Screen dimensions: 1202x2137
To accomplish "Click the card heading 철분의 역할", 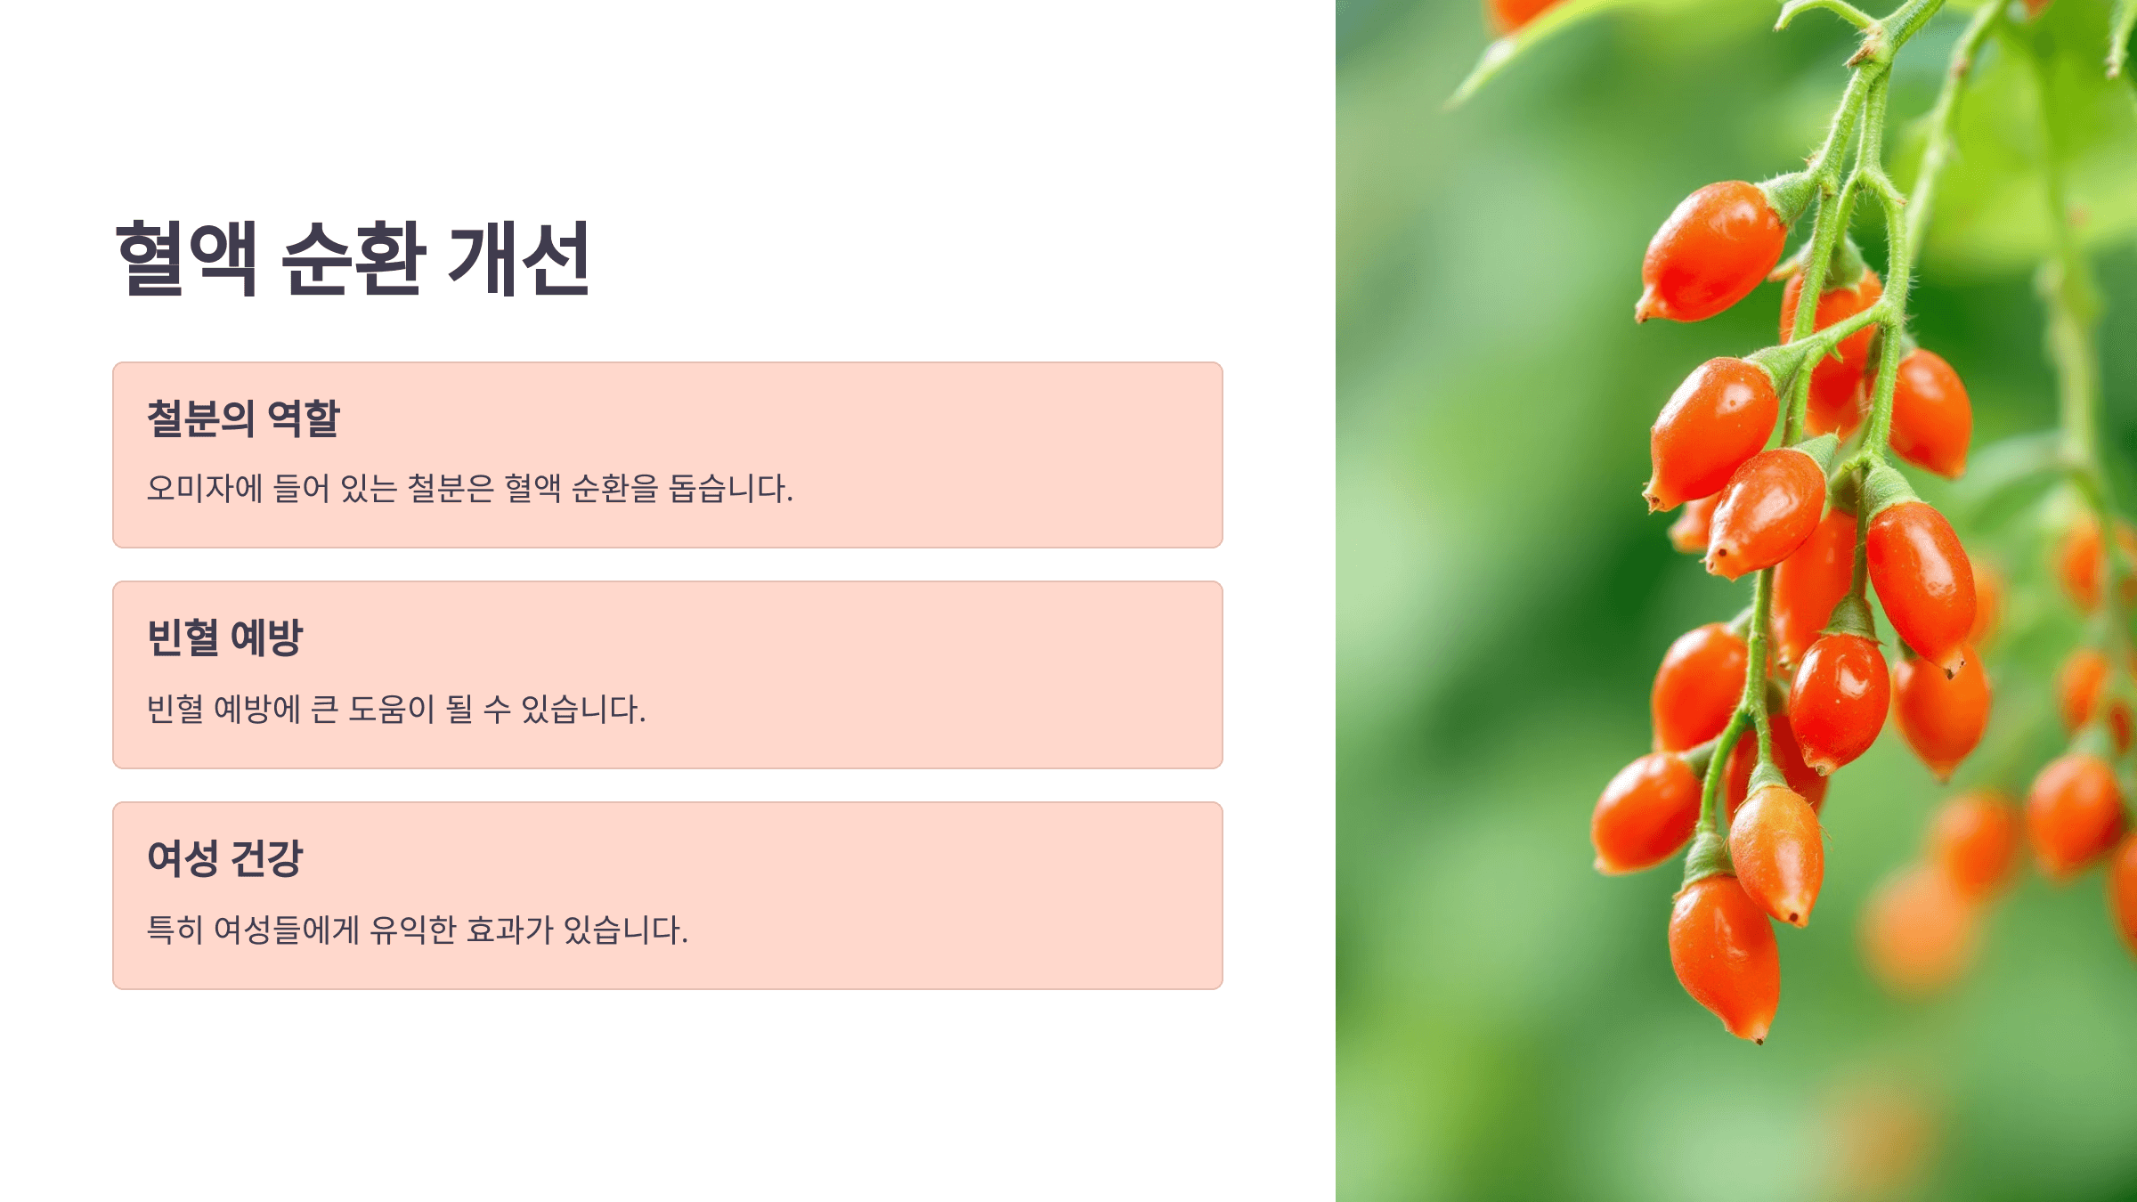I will point(243,418).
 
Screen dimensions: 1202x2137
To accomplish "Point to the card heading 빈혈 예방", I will point(224,638).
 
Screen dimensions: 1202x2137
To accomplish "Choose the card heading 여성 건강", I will point(224,858).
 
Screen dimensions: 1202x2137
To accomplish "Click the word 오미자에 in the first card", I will point(204,488).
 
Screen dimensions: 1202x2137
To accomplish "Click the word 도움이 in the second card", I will point(391,709).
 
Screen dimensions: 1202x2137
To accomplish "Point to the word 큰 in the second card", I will point(324,709).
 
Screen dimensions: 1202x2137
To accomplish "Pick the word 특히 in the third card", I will point(175,930).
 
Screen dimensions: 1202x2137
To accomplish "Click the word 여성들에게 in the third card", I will point(287,930).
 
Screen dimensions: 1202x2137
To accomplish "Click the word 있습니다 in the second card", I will point(582,709).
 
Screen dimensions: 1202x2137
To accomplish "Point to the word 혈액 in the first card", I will point(532,488).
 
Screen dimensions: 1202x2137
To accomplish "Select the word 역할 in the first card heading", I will point(304,418).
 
